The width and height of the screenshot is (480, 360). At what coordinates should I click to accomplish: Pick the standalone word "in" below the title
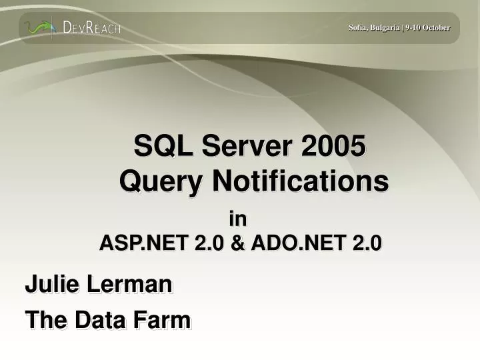pos(237,219)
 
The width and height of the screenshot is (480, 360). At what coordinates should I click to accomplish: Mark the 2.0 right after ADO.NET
pos(366,244)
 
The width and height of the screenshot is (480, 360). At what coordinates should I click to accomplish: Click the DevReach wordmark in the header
pos(91,28)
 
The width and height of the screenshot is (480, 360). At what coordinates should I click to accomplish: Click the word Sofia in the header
pos(358,27)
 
